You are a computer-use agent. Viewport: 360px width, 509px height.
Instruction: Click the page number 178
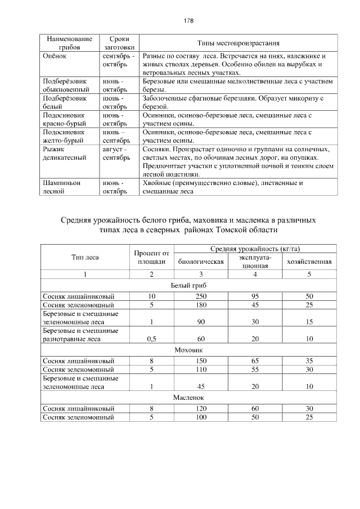point(188,21)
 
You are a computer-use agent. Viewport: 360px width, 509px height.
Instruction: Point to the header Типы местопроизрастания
point(238,43)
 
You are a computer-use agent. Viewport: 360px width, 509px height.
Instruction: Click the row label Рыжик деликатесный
point(65,154)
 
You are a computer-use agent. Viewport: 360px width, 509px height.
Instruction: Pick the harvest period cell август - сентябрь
point(117,154)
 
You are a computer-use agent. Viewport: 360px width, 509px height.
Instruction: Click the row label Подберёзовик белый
point(65,102)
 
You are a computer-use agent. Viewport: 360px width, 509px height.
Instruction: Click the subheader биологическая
point(200,262)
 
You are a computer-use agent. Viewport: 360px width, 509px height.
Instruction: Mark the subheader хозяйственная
point(309,262)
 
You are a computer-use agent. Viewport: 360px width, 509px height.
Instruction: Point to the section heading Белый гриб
point(188,285)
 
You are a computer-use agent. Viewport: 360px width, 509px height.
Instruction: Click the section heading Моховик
point(188,349)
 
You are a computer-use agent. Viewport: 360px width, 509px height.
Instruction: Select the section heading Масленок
point(188,397)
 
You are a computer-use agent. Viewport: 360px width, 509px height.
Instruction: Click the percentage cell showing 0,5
point(151,339)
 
